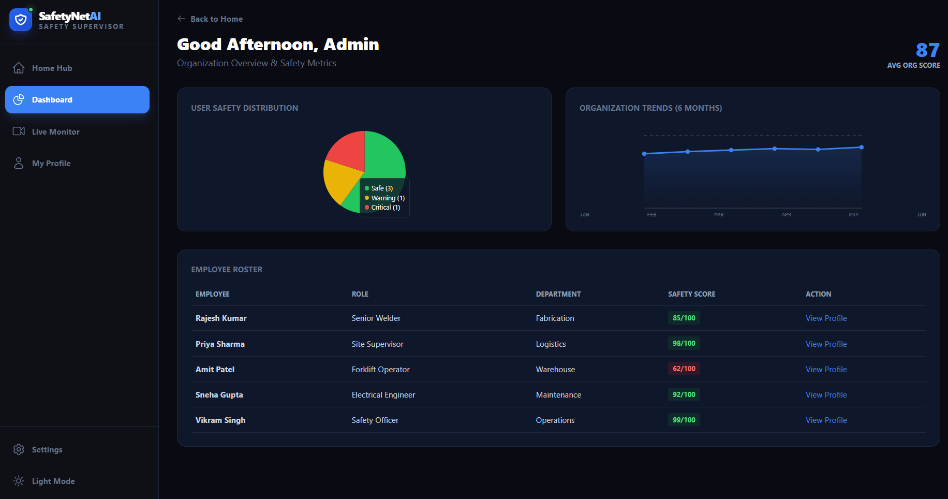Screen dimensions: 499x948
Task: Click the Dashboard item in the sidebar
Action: click(77, 99)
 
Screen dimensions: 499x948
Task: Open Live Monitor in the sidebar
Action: click(55, 131)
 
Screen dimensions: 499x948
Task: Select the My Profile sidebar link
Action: click(51, 163)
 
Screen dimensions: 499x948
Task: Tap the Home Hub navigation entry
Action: click(52, 68)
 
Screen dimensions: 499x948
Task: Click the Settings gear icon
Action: click(19, 449)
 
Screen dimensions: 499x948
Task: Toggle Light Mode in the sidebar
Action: click(53, 481)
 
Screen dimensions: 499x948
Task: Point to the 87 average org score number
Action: click(927, 50)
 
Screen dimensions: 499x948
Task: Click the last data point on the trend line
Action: click(862, 148)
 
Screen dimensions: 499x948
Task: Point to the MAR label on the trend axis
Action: click(719, 214)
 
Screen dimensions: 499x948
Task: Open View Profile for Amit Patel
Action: click(826, 369)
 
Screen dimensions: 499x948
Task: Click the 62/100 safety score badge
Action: click(684, 369)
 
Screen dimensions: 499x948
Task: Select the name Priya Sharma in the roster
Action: click(220, 344)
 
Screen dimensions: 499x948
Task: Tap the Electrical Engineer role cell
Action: click(383, 394)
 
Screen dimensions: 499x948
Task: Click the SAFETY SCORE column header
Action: click(691, 294)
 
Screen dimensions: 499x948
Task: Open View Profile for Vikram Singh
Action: click(826, 420)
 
